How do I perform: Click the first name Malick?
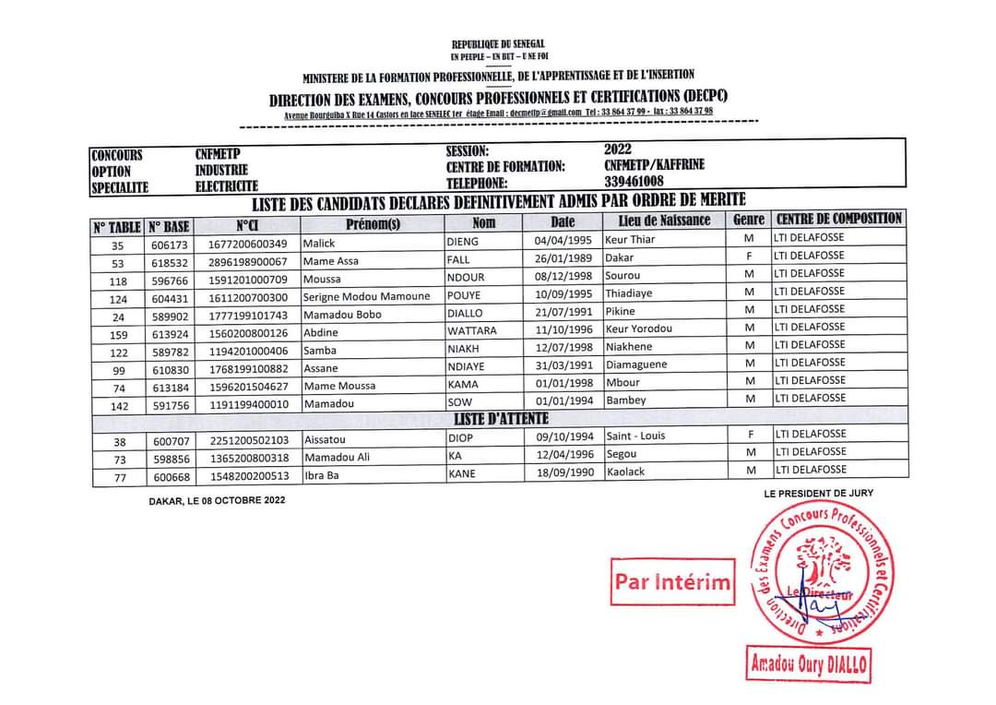click(319, 244)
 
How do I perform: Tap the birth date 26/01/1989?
click(563, 260)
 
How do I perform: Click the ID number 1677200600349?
click(248, 245)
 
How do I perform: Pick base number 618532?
click(169, 262)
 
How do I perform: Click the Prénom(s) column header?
click(373, 223)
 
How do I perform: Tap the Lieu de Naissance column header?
click(658, 221)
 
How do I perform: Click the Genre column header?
click(749, 220)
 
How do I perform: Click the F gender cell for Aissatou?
click(751, 435)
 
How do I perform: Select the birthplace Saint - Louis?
click(635, 436)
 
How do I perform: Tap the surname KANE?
click(461, 475)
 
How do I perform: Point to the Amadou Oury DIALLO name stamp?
click(810, 664)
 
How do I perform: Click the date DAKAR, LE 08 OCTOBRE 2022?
click(217, 501)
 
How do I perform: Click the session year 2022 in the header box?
click(619, 149)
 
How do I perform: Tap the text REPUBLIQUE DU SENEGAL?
click(498, 44)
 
